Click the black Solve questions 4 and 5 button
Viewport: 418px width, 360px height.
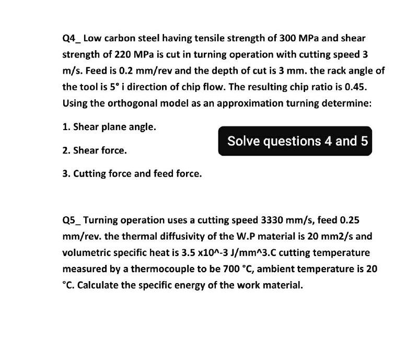(x=295, y=141)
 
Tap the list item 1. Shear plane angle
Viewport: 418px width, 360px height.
(x=109, y=127)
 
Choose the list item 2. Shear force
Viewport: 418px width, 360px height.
(x=94, y=151)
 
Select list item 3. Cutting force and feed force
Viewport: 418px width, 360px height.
(x=132, y=174)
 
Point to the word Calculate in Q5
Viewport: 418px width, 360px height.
(x=98, y=285)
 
